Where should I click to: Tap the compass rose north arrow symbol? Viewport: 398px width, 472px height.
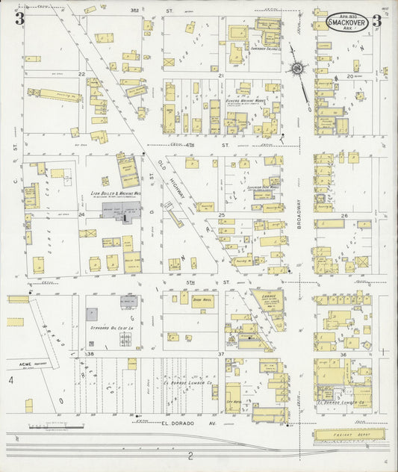pyautogui.click(x=297, y=69)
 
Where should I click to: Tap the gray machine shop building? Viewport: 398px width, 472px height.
pyautogui.click(x=122, y=211)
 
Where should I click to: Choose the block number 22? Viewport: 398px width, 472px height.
pyautogui.click(x=81, y=75)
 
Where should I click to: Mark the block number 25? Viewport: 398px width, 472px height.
pyautogui.click(x=221, y=215)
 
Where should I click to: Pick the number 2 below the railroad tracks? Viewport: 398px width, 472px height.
pyautogui.click(x=190, y=456)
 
